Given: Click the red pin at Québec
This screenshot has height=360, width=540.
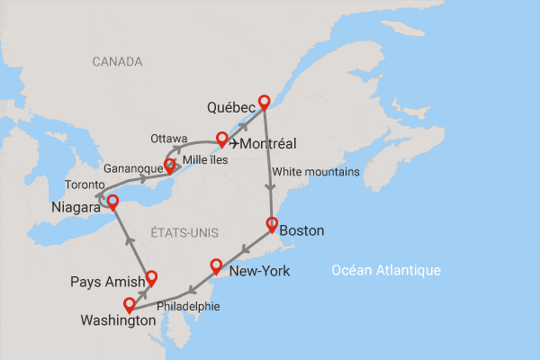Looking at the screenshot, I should [x=264, y=102].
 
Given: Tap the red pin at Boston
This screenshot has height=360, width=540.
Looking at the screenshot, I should [x=271, y=224].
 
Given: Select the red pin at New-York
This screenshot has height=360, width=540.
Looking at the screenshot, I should [x=216, y=265].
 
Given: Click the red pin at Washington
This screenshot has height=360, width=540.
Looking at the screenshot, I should [x=130, y=304].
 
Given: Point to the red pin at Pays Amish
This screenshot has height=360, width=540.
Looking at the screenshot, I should [x=151, y=277].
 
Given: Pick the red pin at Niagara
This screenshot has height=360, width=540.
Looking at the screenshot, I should [x=112, y=201].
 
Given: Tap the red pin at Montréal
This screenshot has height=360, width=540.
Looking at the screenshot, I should [x=221, y=139].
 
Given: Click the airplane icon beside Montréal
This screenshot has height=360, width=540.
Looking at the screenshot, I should [x=236, y=142].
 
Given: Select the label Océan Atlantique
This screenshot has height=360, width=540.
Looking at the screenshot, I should [x=385, y=270].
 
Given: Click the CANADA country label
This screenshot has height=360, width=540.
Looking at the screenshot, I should [x=117, y=62].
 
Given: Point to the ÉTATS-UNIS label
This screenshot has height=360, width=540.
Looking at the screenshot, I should [x=185, y=232].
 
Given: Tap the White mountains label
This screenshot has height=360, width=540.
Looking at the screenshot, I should [x=315, y=172].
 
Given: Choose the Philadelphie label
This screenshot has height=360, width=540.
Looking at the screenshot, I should [x=188, y=306].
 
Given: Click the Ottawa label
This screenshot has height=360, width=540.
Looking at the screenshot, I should [x=169, y=138].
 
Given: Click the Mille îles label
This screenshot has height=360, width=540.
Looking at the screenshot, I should [x=204, y=160].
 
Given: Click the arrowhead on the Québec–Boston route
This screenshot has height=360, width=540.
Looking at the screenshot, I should [x=269, y=187].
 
